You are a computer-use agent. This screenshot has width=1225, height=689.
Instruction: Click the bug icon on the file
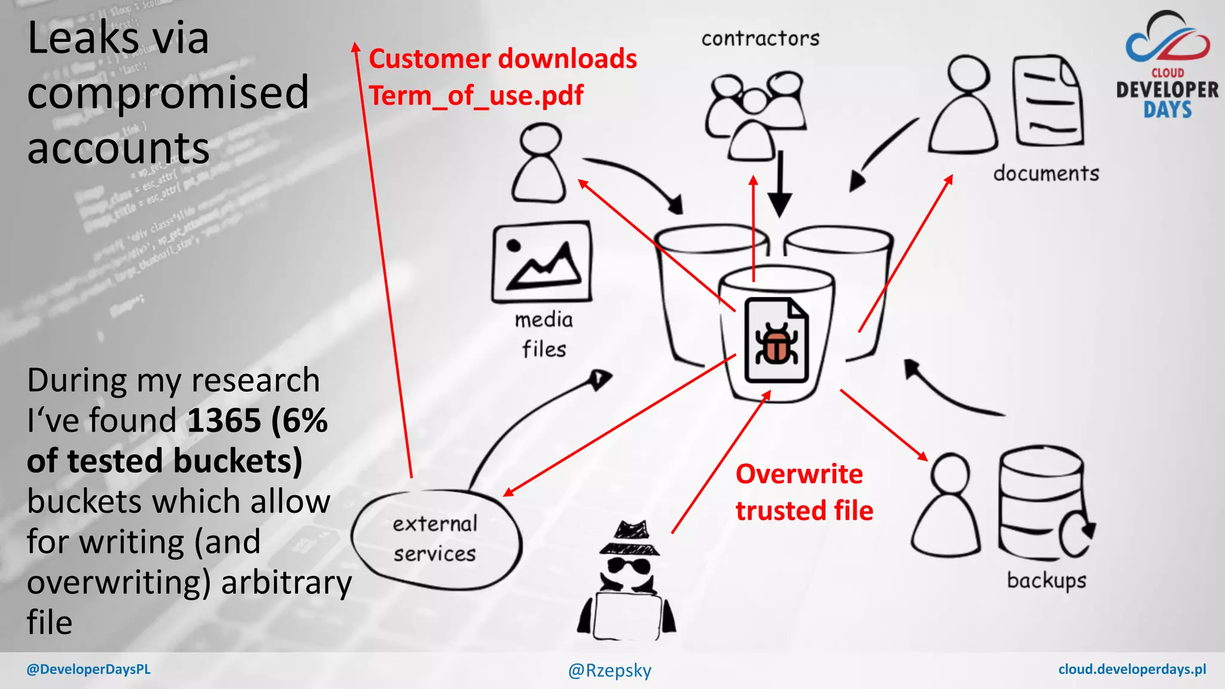(x=776, y=344)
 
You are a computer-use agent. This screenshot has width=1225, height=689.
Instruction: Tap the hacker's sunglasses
(x=629, y=565)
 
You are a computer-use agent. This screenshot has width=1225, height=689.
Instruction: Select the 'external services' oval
(x=435, y=539)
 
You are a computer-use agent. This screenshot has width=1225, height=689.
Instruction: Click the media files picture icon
(x=542, y=263)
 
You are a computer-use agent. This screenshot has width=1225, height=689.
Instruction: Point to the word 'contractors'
(x=760, y=39)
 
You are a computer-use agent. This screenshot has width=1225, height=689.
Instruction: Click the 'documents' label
(x=1046, y=173)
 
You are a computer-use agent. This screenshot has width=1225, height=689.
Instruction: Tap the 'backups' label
(x=1046, y=580)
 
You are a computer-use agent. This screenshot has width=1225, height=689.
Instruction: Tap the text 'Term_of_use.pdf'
(x=476, y=96)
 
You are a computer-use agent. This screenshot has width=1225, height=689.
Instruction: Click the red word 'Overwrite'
(x=799, y=474)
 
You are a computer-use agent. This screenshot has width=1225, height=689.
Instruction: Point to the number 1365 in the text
(x=224, y=420)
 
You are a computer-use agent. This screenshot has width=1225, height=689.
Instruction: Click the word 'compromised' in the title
(x=168, y=93)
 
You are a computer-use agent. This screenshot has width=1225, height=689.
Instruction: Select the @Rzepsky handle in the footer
(x=610, y=670)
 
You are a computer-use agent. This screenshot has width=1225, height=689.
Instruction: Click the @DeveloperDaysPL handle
(x=89, y=669)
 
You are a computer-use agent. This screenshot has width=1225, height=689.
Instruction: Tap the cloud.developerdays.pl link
(x=1132, y=669)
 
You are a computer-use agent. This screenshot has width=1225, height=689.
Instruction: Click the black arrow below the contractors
(x=779, y=185)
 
